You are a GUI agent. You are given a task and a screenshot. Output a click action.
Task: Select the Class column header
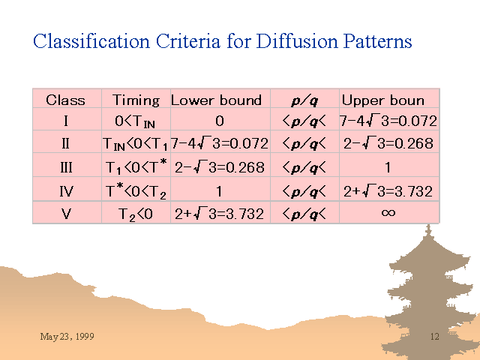(65, 100)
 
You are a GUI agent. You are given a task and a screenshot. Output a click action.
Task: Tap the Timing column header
(136, 100)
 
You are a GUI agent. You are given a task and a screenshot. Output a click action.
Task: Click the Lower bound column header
(216, 100)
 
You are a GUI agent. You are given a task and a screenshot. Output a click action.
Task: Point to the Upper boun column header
(383, 100)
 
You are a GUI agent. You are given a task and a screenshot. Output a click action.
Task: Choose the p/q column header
(304, 100)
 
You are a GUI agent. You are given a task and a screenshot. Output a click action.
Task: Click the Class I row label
(66, 121)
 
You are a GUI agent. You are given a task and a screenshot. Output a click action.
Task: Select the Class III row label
(66, 167)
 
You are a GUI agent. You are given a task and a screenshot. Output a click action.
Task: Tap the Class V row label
(66, 213)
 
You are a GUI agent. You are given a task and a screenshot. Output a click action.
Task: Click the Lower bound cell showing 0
(220, 121)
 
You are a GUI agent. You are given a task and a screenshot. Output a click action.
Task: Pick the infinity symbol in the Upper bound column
(388, 212)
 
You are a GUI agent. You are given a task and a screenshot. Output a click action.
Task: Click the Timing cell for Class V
(135, 214)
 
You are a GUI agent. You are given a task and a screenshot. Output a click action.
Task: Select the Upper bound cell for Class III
(388, 167)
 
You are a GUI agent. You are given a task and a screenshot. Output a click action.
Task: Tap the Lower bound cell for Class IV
(218, 191)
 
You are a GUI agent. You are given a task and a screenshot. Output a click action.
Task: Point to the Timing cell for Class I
(135, 121)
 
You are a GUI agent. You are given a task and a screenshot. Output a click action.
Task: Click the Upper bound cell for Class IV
(388, 192)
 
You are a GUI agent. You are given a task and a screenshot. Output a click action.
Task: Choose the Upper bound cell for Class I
(388, 121)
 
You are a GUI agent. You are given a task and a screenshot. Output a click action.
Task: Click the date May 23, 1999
(67, 337)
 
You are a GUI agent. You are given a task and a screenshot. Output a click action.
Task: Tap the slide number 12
(435, 337)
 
